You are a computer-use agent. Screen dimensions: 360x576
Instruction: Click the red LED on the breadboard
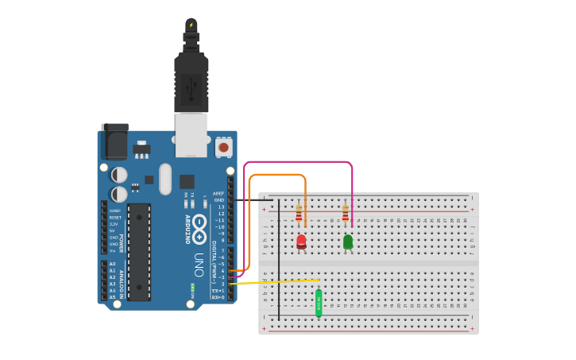pos(301,241)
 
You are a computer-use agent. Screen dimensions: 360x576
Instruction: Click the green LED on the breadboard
pos(348,241)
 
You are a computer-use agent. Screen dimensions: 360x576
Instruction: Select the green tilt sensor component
pos(319,302)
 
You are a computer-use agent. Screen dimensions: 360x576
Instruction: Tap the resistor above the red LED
pos(299,213)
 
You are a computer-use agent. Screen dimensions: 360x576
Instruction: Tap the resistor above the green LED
pos(345,213)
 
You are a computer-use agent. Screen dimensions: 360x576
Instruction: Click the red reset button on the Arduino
pos(223,147)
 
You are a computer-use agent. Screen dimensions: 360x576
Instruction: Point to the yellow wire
pos(278,281)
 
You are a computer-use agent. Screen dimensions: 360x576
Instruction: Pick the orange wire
pos(278,175)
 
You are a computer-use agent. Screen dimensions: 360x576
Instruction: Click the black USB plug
pos(191,79)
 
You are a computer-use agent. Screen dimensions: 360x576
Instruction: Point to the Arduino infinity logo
pos(199,224)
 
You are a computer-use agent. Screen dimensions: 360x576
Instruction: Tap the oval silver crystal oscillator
pos(165,179)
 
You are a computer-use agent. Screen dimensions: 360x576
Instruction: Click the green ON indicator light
pos(192,287)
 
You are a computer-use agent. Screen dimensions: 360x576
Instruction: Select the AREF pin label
pos(218,193)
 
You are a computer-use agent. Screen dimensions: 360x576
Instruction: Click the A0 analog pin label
pos(112,264)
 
